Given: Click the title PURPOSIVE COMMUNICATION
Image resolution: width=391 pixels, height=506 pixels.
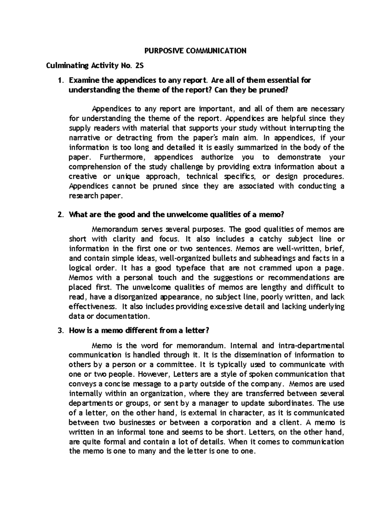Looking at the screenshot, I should coord(195,51).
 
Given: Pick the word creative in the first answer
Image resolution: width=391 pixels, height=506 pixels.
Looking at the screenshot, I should coord(83,177).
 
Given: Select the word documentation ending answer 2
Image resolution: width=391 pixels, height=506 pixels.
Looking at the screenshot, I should coord(124,316).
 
